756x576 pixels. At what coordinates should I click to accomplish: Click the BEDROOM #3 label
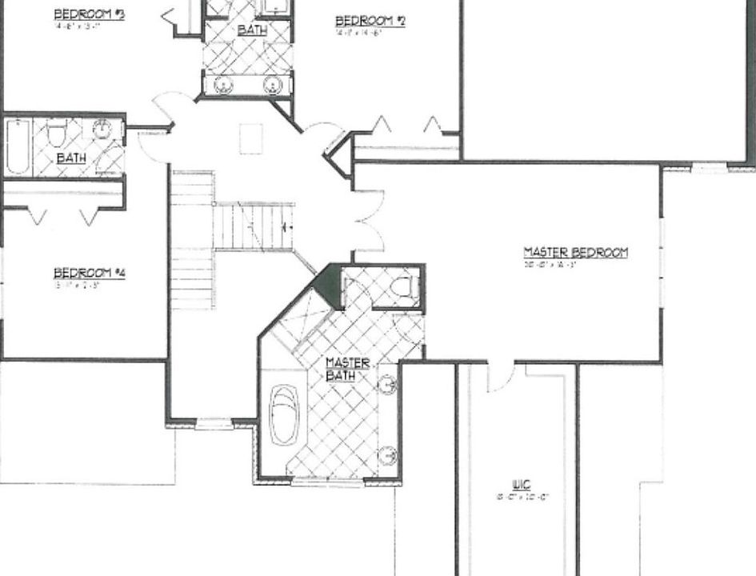click(88, 14)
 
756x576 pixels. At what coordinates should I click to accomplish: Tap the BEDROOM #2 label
click(370, 21)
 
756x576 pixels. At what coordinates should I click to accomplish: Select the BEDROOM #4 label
click(90, 273)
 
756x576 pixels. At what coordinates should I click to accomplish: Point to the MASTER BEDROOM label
click(576, 253)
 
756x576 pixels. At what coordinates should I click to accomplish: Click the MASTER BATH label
click(348, 369)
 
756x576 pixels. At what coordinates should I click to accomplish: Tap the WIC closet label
click(521, 484)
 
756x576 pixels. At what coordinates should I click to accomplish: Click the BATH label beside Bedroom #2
click(252, 30)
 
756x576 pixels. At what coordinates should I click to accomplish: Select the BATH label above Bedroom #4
click(71, 158)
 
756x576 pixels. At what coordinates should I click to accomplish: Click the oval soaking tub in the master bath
click(284, 415)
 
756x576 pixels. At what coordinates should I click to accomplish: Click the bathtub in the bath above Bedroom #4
click(18, 146)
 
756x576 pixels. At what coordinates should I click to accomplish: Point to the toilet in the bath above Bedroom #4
click(57, 133)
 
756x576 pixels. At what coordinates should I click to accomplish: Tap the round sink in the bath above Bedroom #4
click(102, 129)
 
